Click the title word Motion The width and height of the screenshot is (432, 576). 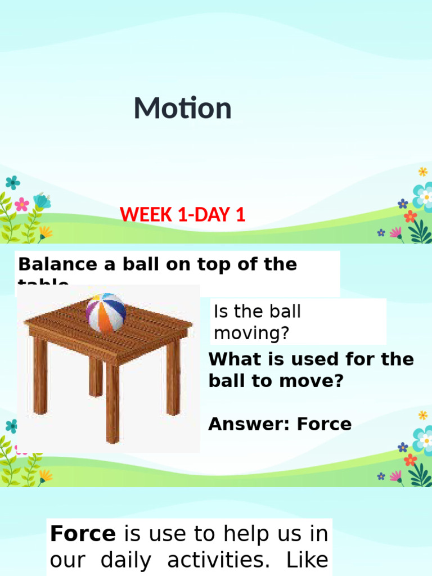182,109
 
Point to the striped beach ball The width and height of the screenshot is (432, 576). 106,312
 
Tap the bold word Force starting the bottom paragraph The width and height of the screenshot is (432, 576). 83,533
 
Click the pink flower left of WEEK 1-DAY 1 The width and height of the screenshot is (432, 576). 21,204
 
